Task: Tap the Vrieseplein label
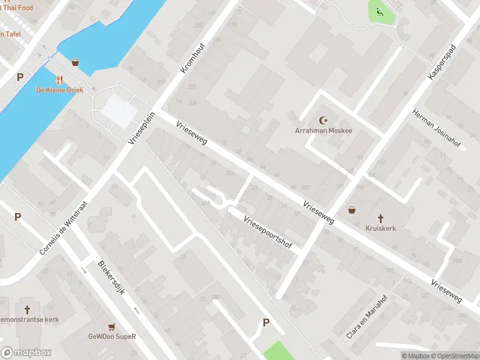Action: pyautogui.click(x=142, y=127)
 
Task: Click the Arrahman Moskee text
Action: pyautogui.click(x=323, y=130)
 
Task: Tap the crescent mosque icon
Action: pyautogui.click(x=324, y=120)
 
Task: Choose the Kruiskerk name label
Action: pyautogui.click(x=380, y=229)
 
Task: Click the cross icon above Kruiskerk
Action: pyautogui.click(x=380, y=218)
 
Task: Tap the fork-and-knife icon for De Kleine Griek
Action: pyautogui.click(x=59, y=80)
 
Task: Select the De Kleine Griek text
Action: pyautogui.click(x=59, y=90)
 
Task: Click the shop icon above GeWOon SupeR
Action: pyautogui.click(x=112, y=326)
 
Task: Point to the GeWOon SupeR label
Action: pyautogui.click(x=112, y=337)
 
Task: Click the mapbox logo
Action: pyautogui.click(x=26, y=353)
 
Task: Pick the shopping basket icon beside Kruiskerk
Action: pyautogui.click(x=352, y=211)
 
